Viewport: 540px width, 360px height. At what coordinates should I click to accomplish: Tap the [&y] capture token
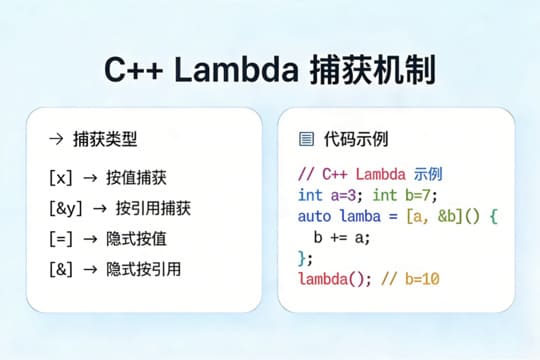65,208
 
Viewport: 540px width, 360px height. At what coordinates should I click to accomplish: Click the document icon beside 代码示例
306,139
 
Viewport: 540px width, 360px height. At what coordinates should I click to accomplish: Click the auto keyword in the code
316,215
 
